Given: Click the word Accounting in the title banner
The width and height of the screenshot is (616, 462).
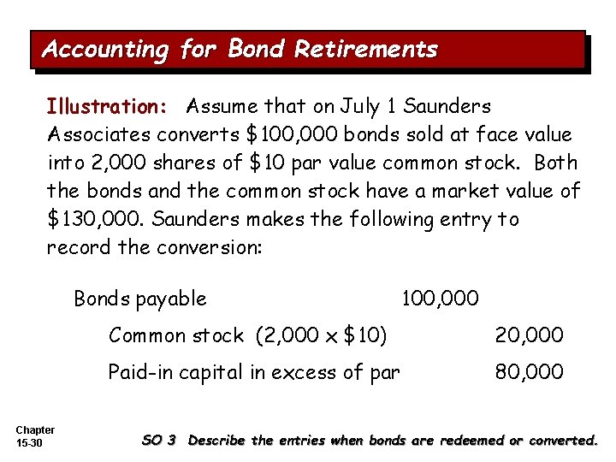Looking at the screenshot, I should [x=104, y=49].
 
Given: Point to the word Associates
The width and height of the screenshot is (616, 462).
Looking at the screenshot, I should [x=97, y=134].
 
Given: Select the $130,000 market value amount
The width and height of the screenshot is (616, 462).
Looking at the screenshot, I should [x=94, y=219].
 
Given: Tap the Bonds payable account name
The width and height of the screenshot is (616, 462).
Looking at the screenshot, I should [x=140, y=299].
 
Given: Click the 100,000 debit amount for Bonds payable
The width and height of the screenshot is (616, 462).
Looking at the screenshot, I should [x=441, y=299].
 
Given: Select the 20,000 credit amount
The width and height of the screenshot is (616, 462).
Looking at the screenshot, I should [x=530, y=335].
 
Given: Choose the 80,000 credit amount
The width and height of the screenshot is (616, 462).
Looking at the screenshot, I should [x=530, y=372].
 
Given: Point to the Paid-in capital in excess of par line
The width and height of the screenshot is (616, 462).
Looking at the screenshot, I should [x=253, y=372].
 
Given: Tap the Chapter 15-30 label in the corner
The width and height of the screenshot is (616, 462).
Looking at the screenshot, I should [x=35, y=435].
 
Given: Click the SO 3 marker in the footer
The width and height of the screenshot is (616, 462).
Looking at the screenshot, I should [x=158, y=441].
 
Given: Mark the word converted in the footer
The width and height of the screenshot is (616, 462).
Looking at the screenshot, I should [x=564, y=441].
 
